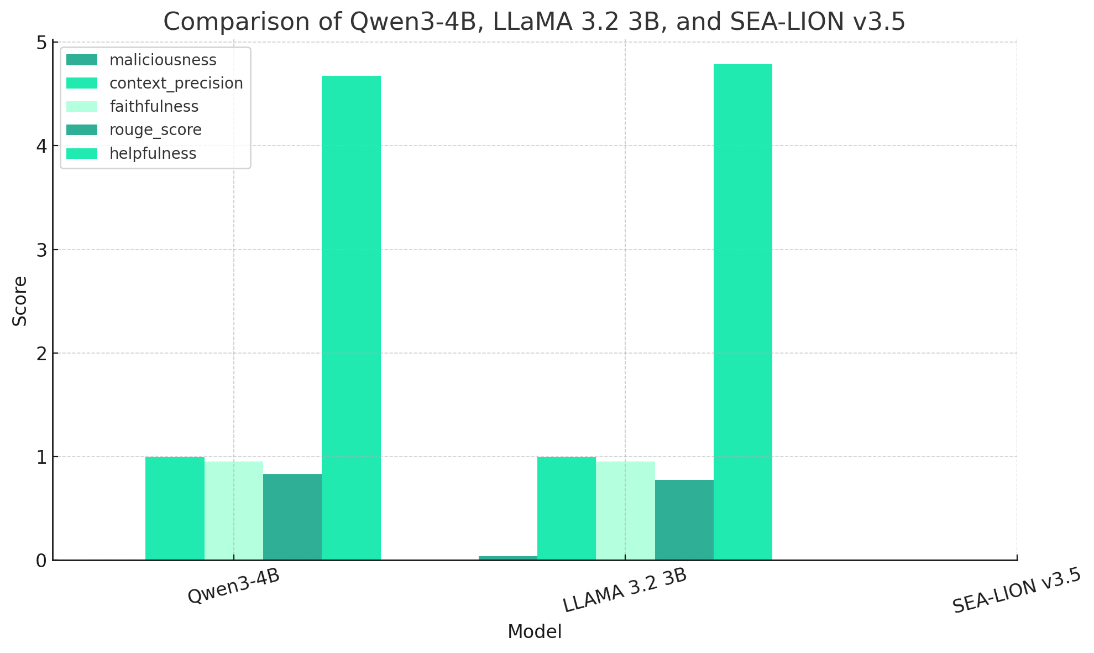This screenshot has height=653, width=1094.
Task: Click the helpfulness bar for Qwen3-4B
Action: (x=351, y=318)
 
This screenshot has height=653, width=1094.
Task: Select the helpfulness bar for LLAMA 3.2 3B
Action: (x=742, y=313)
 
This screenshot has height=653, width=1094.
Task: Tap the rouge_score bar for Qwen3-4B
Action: (x=292, y=517)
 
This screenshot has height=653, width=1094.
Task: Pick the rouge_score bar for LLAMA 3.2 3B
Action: (x=684, y=520)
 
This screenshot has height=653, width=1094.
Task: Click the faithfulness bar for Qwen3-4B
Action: (x=234, y=511)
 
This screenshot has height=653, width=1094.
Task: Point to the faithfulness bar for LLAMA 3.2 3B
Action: (x=625, y=511)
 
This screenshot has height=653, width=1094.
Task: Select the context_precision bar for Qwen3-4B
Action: (x=175, y=509)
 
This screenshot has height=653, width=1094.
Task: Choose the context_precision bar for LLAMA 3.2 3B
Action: (x=566, y=509)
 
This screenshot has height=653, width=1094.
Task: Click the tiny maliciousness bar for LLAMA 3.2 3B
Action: (x=507, y=558)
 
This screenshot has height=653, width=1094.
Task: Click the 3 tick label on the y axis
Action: (x=41, y=250)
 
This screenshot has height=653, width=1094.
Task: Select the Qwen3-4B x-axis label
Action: (x=234, y=586)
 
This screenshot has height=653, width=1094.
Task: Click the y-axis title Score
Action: (x=20, y=301)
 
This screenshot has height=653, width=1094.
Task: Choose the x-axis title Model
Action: (x=535, y=632)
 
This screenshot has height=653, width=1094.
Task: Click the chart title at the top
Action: (x=534, y=22)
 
